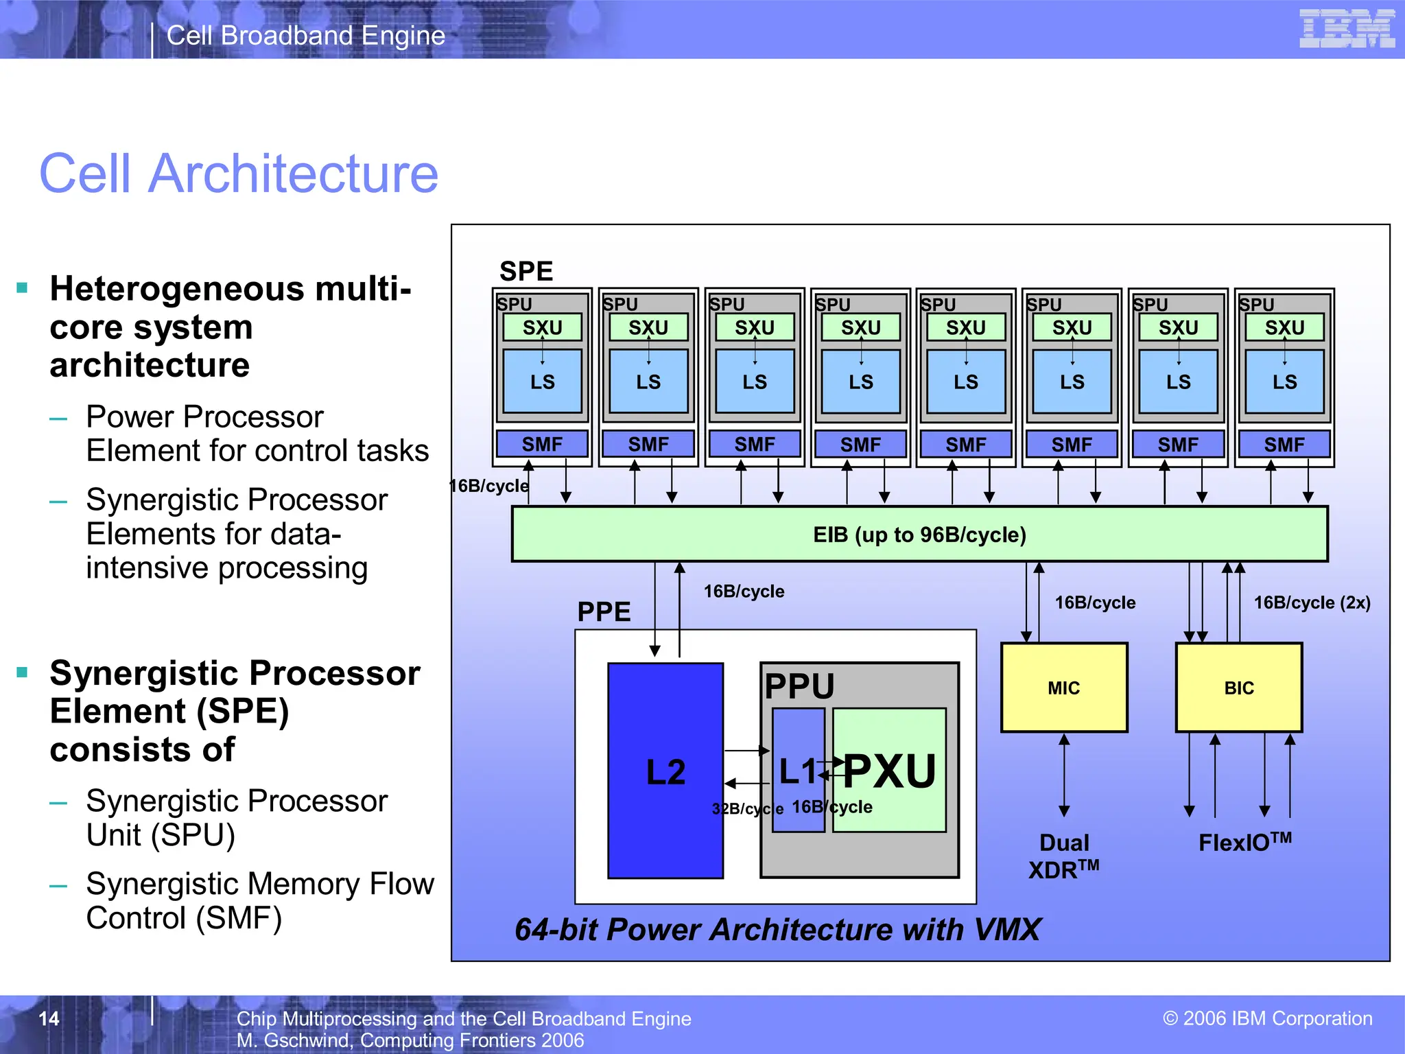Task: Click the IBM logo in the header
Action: tap(1347, 29)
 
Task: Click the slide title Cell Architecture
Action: tap(239, 174)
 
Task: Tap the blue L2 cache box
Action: tap(665, 770)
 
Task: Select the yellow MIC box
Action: tap(1063, 687)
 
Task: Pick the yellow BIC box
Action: tap(1238, 687)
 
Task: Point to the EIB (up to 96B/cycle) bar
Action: tap(919, 534)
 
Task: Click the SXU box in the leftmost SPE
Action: tap(542, 327)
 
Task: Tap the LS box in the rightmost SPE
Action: tap(1284, 382)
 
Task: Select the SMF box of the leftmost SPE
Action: tap(542, 444)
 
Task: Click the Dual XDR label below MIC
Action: tap(1063, 856)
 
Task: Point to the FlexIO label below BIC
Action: tap(1244, 842)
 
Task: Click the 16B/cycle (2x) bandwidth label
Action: tap(1312, 602)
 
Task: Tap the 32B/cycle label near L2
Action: tap(746, 808)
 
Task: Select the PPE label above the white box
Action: tap(604, 611)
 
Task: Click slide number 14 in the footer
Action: tap(49, 1018)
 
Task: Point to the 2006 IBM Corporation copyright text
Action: tap(1267, 1018)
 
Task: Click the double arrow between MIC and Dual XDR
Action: tap(1064, 775)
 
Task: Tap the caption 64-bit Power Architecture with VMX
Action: tap(777, 930)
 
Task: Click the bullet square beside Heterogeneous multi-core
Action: tap(23, 288)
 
